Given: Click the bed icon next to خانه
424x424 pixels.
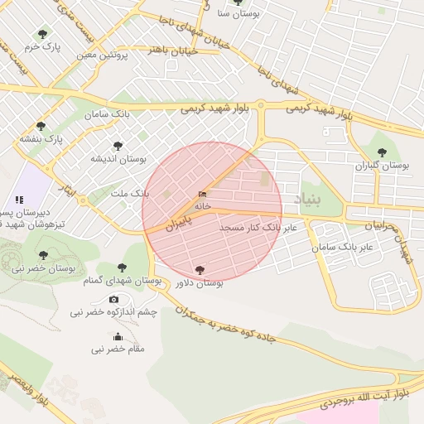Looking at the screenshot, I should point(203,194).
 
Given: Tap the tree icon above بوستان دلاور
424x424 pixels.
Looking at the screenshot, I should point(199,269).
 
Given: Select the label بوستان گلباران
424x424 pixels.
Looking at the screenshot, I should point(383,166).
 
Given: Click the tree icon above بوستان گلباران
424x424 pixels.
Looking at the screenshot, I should point(382,152).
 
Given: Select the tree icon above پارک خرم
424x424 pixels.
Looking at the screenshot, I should point(42,34).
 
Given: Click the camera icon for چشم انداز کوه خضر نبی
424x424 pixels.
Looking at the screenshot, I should point(113,299).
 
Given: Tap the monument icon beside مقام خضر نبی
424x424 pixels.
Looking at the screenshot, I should point(118,336).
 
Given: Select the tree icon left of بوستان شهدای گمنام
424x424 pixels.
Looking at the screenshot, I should point(123,267).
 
